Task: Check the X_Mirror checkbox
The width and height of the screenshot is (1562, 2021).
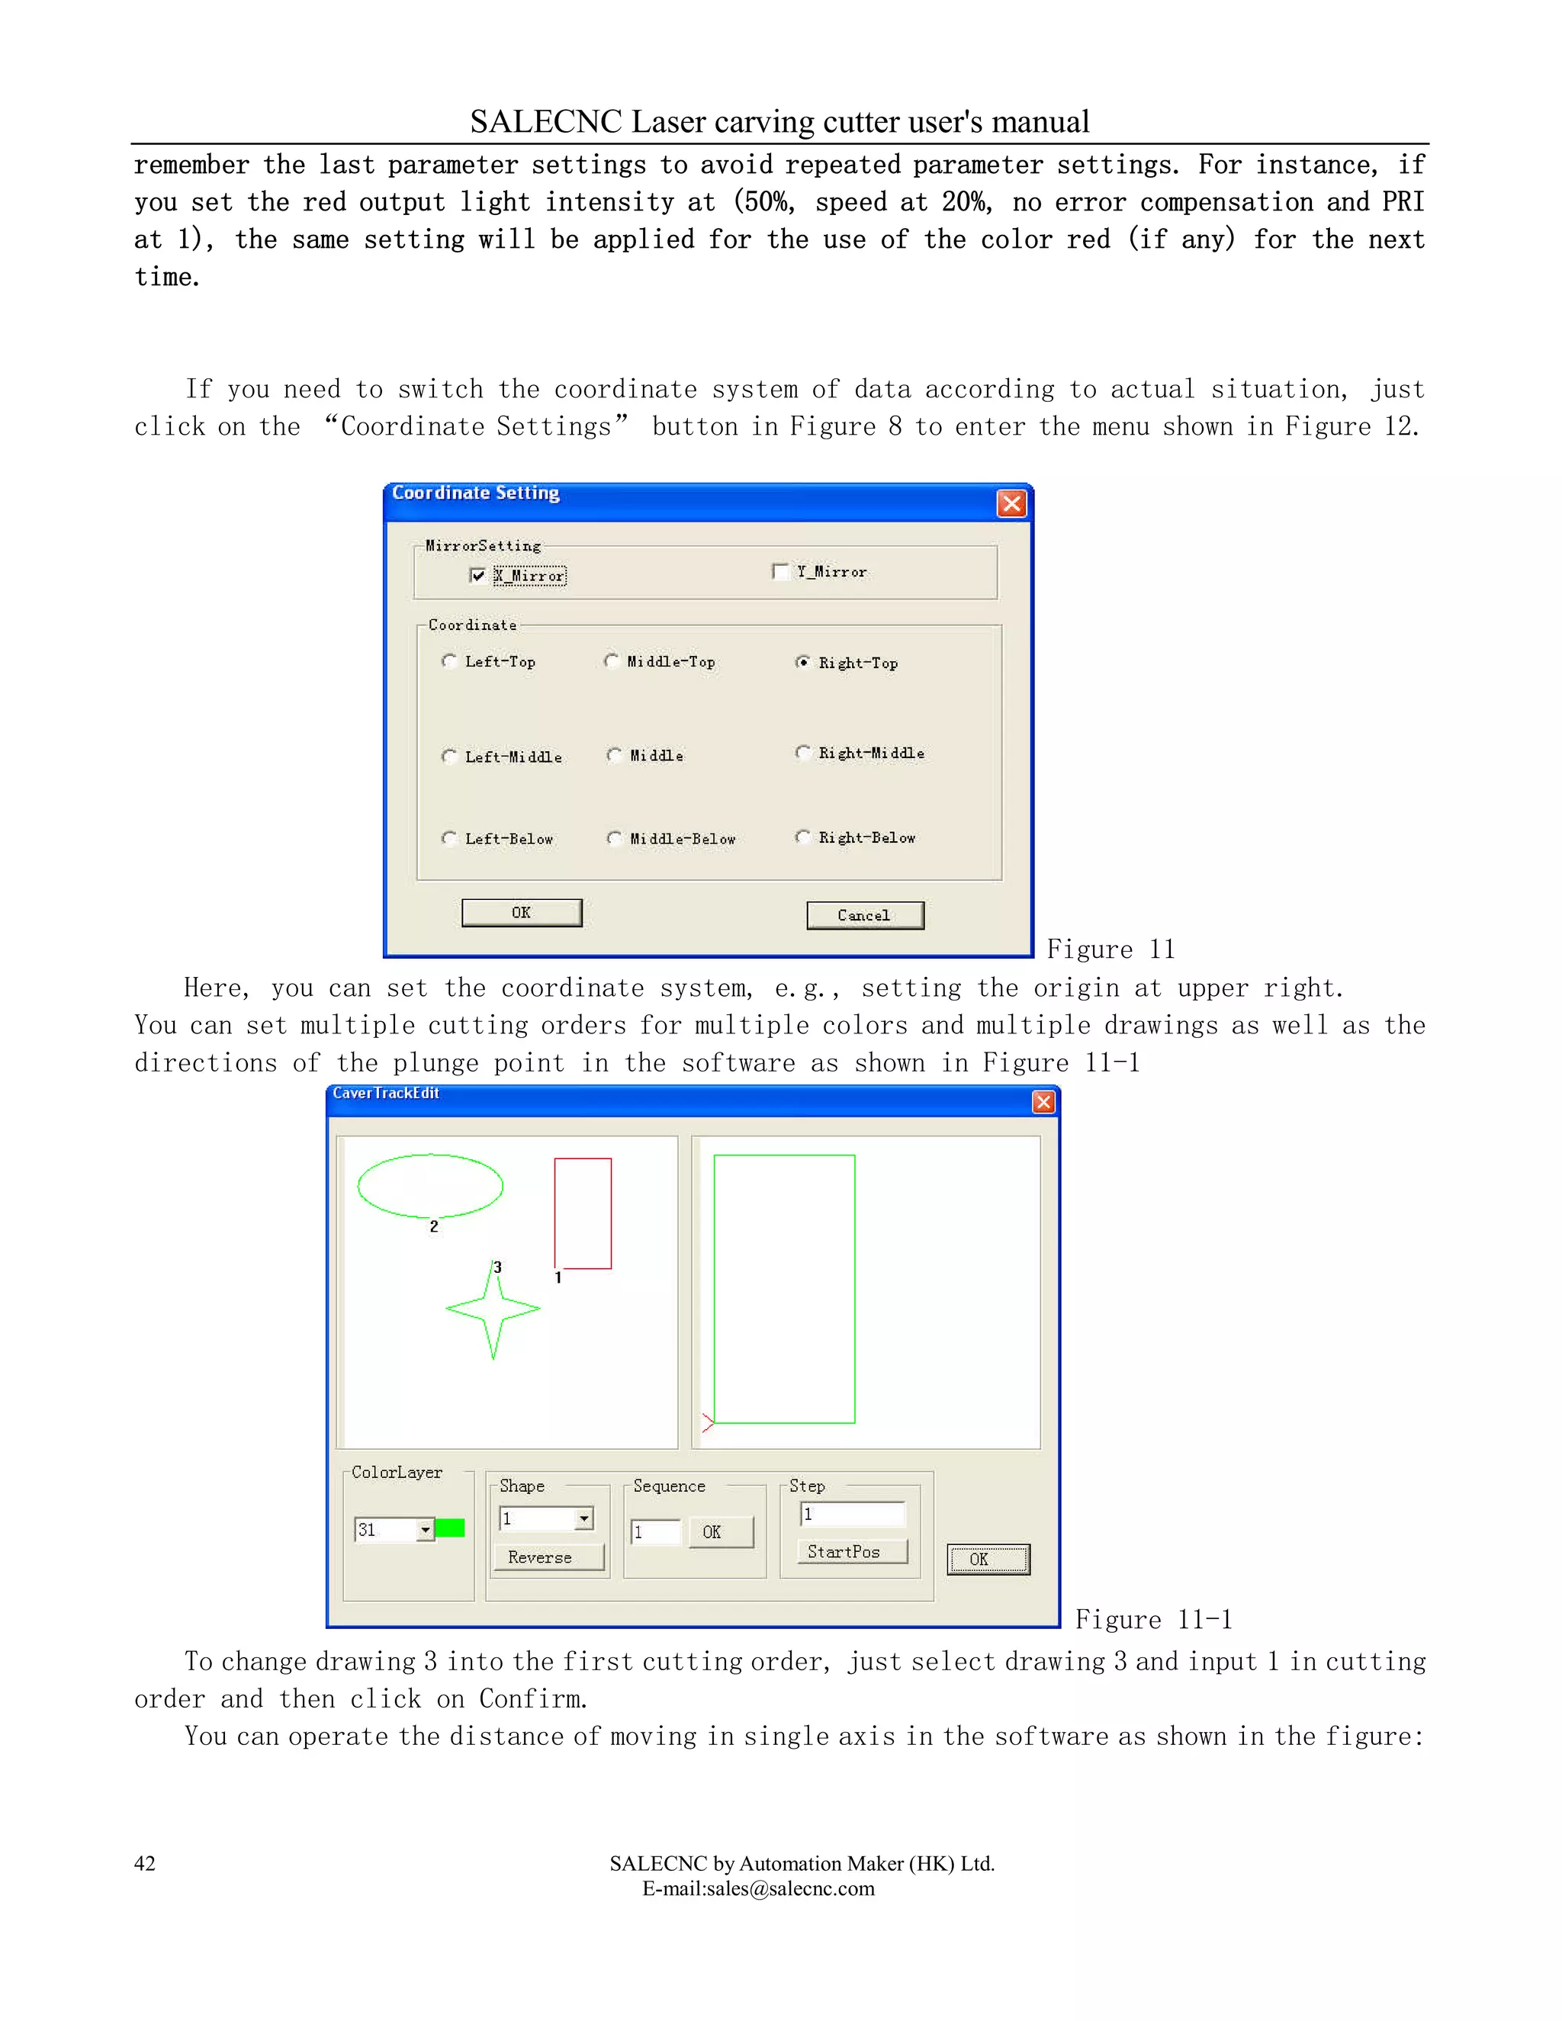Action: click(x=477, y=576)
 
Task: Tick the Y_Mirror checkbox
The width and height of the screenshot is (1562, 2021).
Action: click(x=780, y=571)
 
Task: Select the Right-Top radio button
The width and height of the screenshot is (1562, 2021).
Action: click(x=802, y=662)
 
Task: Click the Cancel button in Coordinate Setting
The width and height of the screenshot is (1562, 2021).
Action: click(x=864, y=915)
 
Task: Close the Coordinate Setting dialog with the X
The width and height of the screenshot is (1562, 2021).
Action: click(x=1011, y=503)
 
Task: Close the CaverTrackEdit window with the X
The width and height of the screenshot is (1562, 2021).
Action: click(x=1043, y=1101)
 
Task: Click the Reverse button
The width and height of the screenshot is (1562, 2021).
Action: click(x=548, y=1557)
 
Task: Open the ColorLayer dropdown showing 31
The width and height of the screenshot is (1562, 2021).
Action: click(x=425, y=1530)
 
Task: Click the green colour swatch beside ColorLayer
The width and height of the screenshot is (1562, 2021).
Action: click(x=450, y=1528)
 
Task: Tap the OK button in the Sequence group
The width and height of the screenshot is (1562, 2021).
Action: click(x=720, y=1531)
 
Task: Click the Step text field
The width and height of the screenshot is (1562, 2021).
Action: click(x=852, y=1514)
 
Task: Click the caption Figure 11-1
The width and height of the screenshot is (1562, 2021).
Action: click(x=1153, y=1619)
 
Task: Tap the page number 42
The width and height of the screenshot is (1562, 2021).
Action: click(x=145, y=1863)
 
